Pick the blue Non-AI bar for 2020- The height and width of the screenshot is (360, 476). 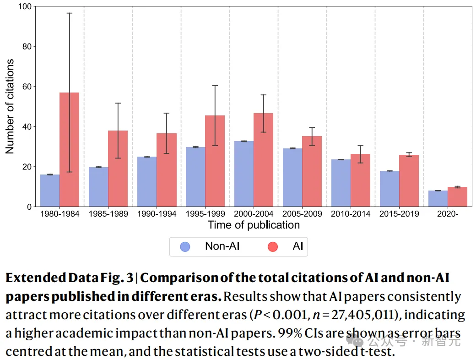[438, 199]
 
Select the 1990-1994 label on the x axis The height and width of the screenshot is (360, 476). [157, 214]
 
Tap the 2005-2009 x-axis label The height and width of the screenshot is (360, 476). [302, 214]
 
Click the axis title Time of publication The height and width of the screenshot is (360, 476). [254, 225]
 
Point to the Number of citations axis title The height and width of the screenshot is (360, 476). [10, 106]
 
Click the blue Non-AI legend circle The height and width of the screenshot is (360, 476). [185, 246]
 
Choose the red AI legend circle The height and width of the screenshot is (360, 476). [273, 246]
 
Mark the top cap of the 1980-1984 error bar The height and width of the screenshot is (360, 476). [69, 13]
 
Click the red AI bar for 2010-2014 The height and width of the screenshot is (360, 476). [360, 180]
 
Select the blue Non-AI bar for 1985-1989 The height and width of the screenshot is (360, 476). [98, 187]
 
